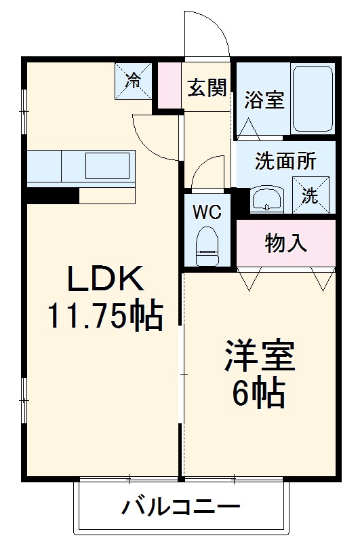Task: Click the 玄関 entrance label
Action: point(207,89)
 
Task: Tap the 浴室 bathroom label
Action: point(264,100)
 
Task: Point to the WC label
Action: point(207,212)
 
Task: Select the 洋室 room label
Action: point(260,358)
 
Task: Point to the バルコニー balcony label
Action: point(181,507)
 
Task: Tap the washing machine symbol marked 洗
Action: point(310,195)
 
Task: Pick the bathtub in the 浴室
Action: point(312,100)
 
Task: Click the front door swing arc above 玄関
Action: point(206,34)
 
